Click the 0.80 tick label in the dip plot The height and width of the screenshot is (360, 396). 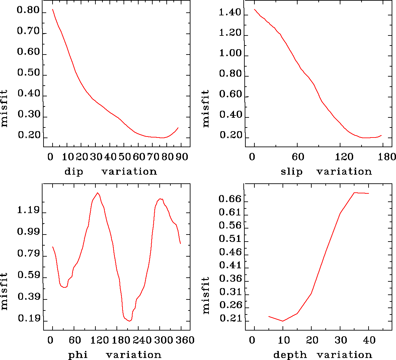tap(28, 11)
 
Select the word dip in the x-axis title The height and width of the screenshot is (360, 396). tap(74, 172)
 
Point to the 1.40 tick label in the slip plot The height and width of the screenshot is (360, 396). tap(230, 13)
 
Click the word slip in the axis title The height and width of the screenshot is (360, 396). tap(291, 172)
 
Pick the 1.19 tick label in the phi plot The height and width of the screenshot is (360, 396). tap(28, 211)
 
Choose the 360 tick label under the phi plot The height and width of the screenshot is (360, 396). tap(185, 340)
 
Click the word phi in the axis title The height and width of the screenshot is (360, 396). tap(78, 355)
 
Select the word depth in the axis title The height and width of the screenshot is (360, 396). tap(290, 355)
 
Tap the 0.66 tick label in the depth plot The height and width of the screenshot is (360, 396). tap(230, 199)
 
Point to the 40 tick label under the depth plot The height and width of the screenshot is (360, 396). tap(369, 340)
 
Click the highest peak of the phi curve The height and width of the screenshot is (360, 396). tap(97, 193)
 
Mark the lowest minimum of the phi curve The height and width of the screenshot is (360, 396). tap(129, 321)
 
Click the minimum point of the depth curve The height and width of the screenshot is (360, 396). tap(283, 321)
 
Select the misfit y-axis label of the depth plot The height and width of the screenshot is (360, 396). tap(206, 295)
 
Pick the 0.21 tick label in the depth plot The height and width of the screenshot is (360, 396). tap(230, 319)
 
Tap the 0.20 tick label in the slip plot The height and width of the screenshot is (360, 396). tap(230, 136)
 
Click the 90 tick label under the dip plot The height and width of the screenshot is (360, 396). tap(182, 157)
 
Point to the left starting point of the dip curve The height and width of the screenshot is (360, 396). tap(53, 9)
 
